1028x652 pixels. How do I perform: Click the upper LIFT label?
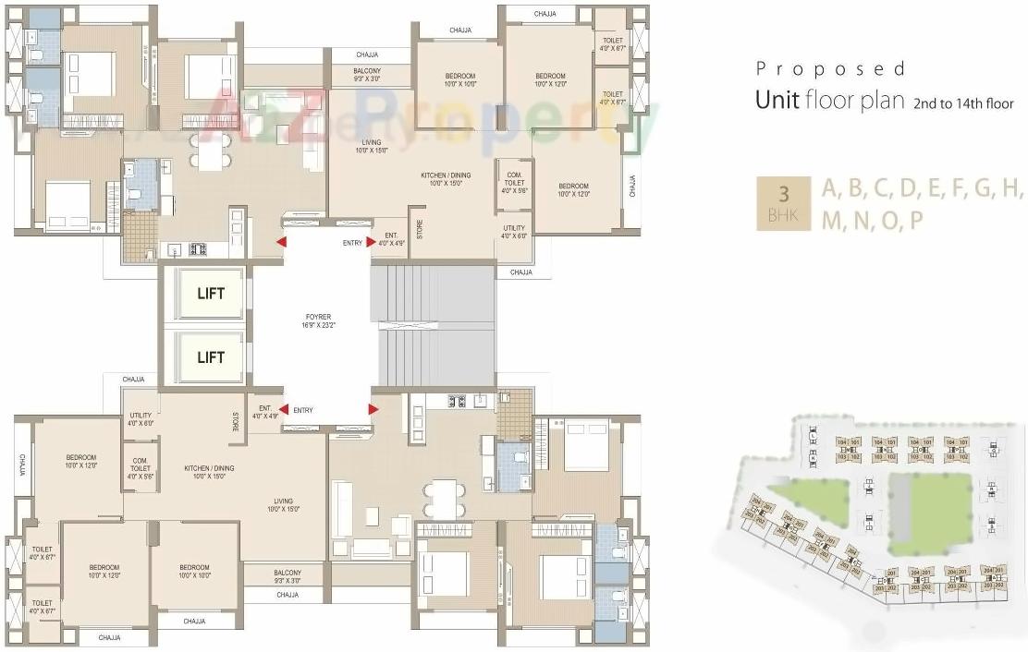[x=210, y=294]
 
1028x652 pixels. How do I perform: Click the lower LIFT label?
[x=210, y=357]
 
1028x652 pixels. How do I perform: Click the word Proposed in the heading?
[x=830, y=69]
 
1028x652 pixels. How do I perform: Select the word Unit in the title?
[x=777, y=100]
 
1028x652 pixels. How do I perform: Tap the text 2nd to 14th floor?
[x=962, y=103]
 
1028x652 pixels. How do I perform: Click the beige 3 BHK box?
[x=783, y=203]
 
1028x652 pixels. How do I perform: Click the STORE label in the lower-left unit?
[x=236, y=421]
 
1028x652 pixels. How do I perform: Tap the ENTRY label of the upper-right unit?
[x=352, y=243]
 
